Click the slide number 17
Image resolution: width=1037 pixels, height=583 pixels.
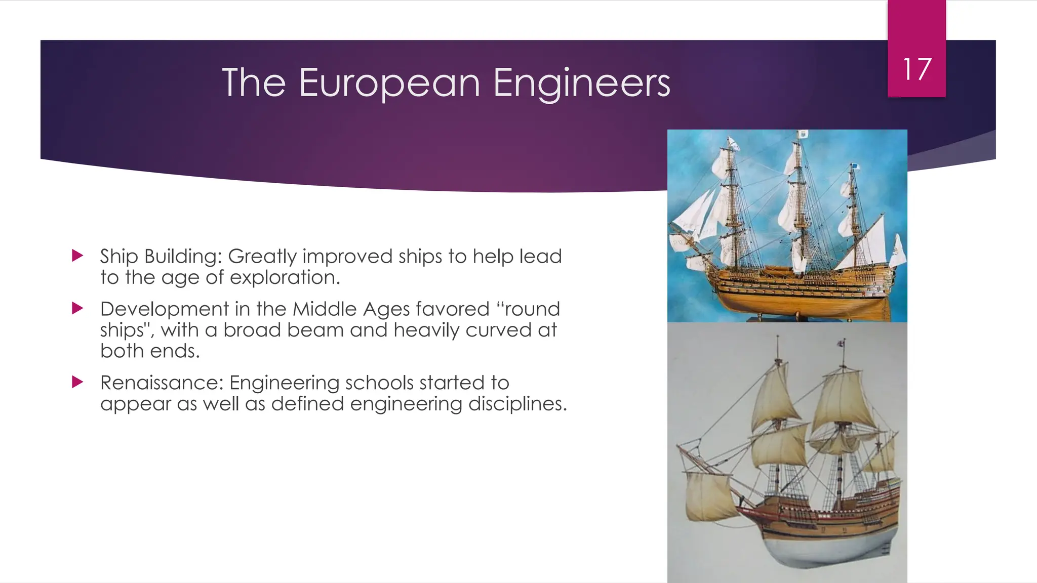pos(916,69)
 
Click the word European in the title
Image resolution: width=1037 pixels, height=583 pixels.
pos(389,83)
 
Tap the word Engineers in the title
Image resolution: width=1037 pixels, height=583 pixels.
pos(581,83)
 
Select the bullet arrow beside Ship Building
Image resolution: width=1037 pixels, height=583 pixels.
pos(77,256)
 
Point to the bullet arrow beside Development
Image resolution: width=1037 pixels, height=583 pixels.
pos(77,308)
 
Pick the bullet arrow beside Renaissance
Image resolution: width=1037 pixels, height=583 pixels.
pos(77,382)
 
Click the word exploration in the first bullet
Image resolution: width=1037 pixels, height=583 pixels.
pos(285,278)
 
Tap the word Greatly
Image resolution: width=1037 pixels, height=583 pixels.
pos(262,257)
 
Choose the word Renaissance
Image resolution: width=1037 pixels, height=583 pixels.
pos(162,383)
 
